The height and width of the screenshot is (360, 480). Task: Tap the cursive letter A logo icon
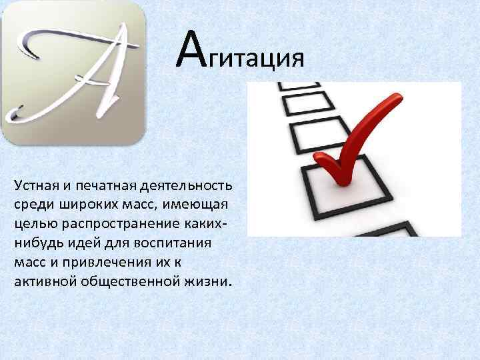click(73, 72)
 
